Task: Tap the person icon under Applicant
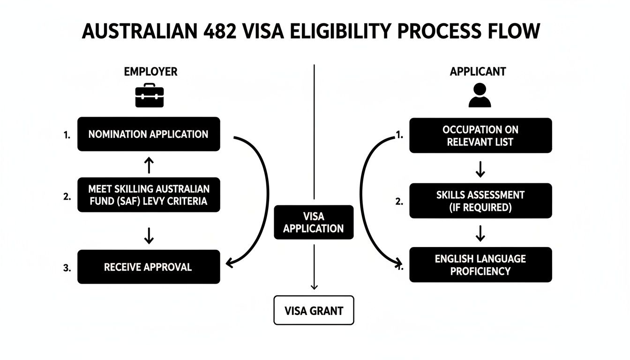click(479, 95)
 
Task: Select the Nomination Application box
click(149, 134)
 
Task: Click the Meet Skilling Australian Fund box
click(149, 195)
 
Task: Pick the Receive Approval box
click(149, 267)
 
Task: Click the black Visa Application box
click(314, 223)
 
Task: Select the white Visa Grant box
click(314, 310)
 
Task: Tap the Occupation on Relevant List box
click(480, 135)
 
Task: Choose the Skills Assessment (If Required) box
click(480, 201)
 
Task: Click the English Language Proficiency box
click(480, 265)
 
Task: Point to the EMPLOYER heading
click(150, 72)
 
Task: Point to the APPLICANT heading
click(478, 72)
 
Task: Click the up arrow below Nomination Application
click(149, 165)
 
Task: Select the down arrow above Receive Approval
click(149, 236)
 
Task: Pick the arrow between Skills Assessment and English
click(480, 232)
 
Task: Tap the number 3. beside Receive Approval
click(67, 268)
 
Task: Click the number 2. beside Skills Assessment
click(399, 202)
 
